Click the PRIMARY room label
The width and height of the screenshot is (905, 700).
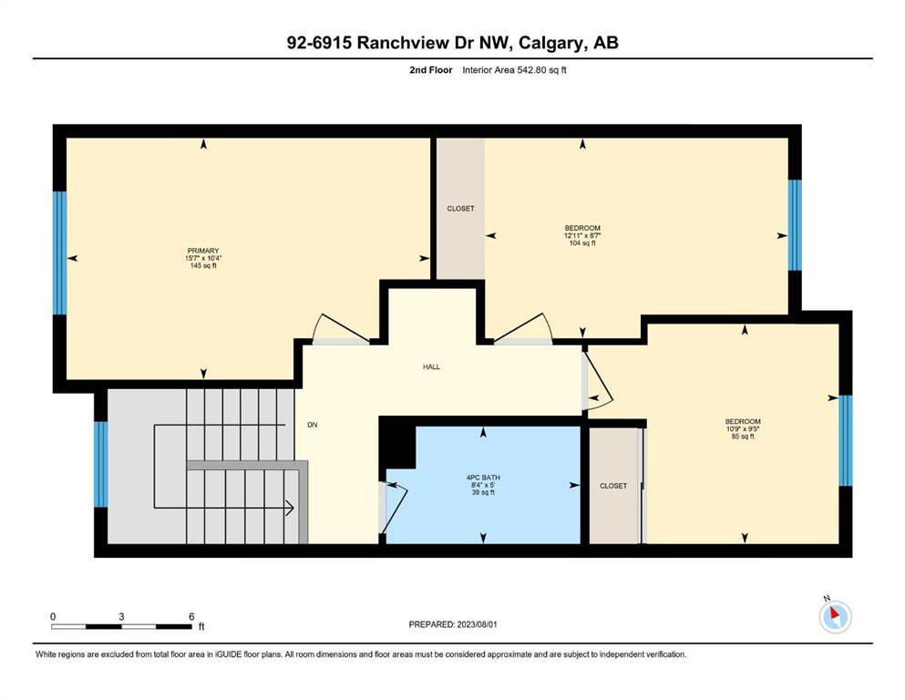click(x=203, y=251)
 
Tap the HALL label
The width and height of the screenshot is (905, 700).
click(x=431, y=366)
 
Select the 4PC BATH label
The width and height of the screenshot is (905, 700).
click(x=482, y=477)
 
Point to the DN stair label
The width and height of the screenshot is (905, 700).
click(x=312, y=425)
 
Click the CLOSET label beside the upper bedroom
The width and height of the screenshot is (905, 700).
click(x=460, y=209)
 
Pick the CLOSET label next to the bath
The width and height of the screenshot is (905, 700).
click(x=613, y=486)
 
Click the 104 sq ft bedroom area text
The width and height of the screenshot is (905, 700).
click(x=582, y=243)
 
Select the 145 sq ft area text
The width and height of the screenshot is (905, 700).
click(x=203, y=266)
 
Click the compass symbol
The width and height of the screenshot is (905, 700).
click(x=835, y=617)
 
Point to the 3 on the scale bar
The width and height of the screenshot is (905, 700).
click(x=121, y=616)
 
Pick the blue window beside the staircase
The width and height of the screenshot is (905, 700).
click(x=101, y=464)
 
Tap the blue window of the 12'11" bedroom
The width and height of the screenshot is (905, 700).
click(x=795, y=225)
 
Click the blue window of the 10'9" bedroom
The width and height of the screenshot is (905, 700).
click(x=845, y=440)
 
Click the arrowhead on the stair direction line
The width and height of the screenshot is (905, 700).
click(x=289, y=509)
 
